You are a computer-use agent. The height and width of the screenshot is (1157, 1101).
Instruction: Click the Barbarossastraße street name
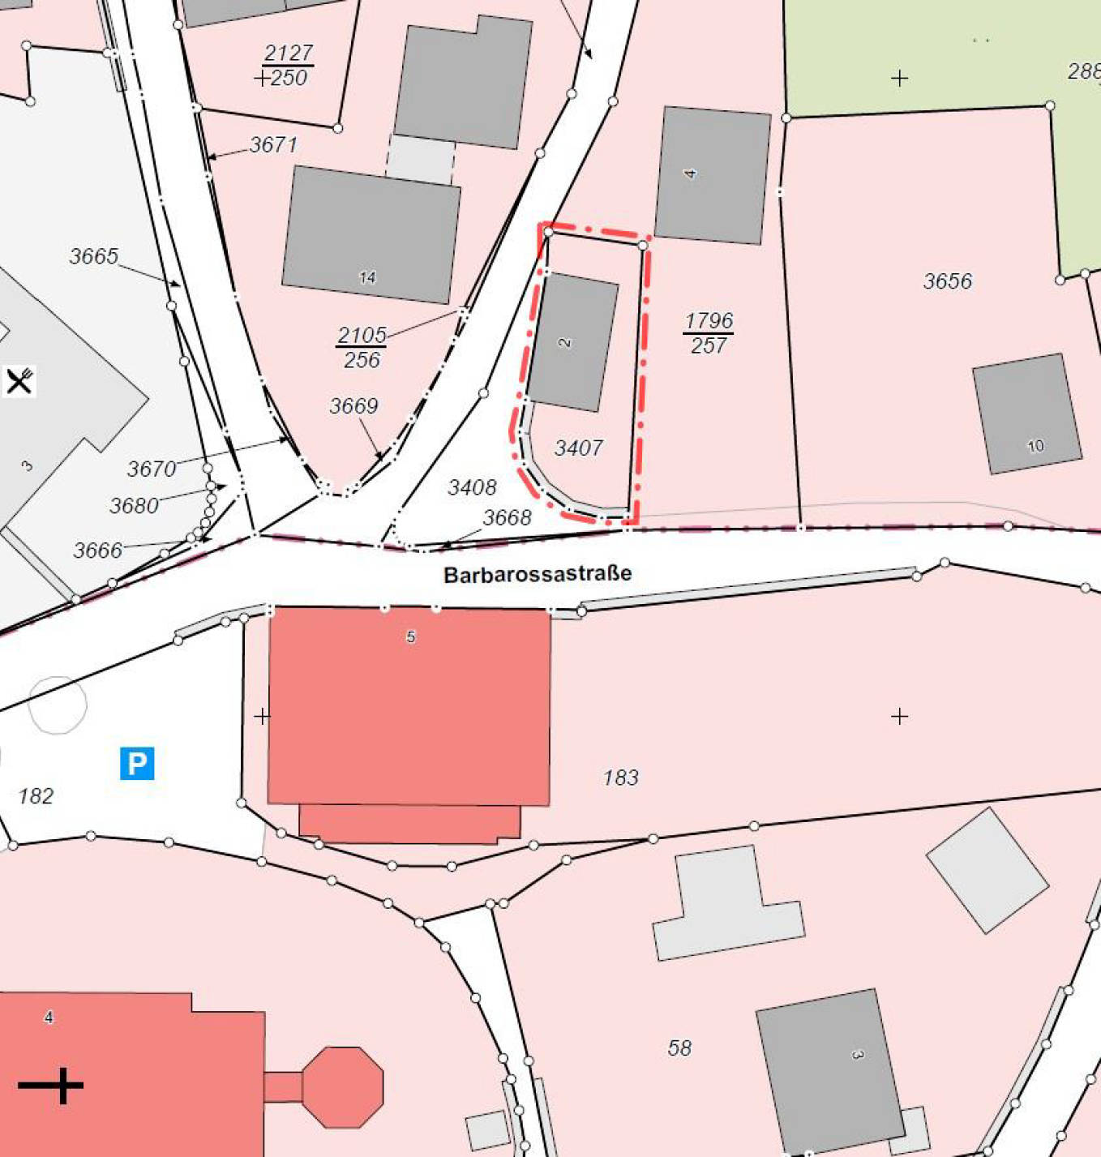[x=538, y=574]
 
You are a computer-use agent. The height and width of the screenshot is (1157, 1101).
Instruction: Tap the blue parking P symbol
[x=137, y=764]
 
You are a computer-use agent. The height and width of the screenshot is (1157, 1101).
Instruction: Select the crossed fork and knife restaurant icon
[x=19, y=380]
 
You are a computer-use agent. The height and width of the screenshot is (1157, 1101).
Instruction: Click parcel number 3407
[x=578, y=448]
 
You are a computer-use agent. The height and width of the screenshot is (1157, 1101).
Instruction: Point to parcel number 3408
[x=472, y=487]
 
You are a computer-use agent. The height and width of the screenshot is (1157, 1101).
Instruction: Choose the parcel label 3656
[x=947, y=281]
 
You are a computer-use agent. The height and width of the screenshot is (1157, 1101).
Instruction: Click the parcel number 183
[x=620, y=778]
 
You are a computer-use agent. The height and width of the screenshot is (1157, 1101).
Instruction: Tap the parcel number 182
[x=36, y=796]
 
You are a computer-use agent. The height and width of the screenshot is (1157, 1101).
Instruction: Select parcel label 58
[x=679, y=1048]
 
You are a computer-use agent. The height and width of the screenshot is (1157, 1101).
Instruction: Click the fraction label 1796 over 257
[x=709, y=333]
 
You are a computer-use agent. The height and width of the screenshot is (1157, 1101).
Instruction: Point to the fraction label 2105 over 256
[x=362, y=347]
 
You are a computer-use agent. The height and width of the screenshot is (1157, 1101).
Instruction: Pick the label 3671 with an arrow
[x=273, y=145]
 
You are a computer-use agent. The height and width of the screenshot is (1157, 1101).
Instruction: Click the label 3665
[x=94, y=256]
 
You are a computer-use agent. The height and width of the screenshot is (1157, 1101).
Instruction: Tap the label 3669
[x=353, y=405]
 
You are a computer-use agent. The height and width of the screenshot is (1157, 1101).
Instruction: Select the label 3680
[x=134, y=506]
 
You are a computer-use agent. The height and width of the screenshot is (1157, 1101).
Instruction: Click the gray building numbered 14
[x=371, y=234]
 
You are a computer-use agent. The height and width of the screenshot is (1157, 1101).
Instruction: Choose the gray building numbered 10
[x=1026, y=414]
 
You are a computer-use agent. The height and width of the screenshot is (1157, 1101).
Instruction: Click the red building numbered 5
[x=409, y=705]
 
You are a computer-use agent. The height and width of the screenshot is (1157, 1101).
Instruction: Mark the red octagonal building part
[x=342, y=1086]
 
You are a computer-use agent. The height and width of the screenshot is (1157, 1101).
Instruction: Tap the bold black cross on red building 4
[x=51, y=1085]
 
